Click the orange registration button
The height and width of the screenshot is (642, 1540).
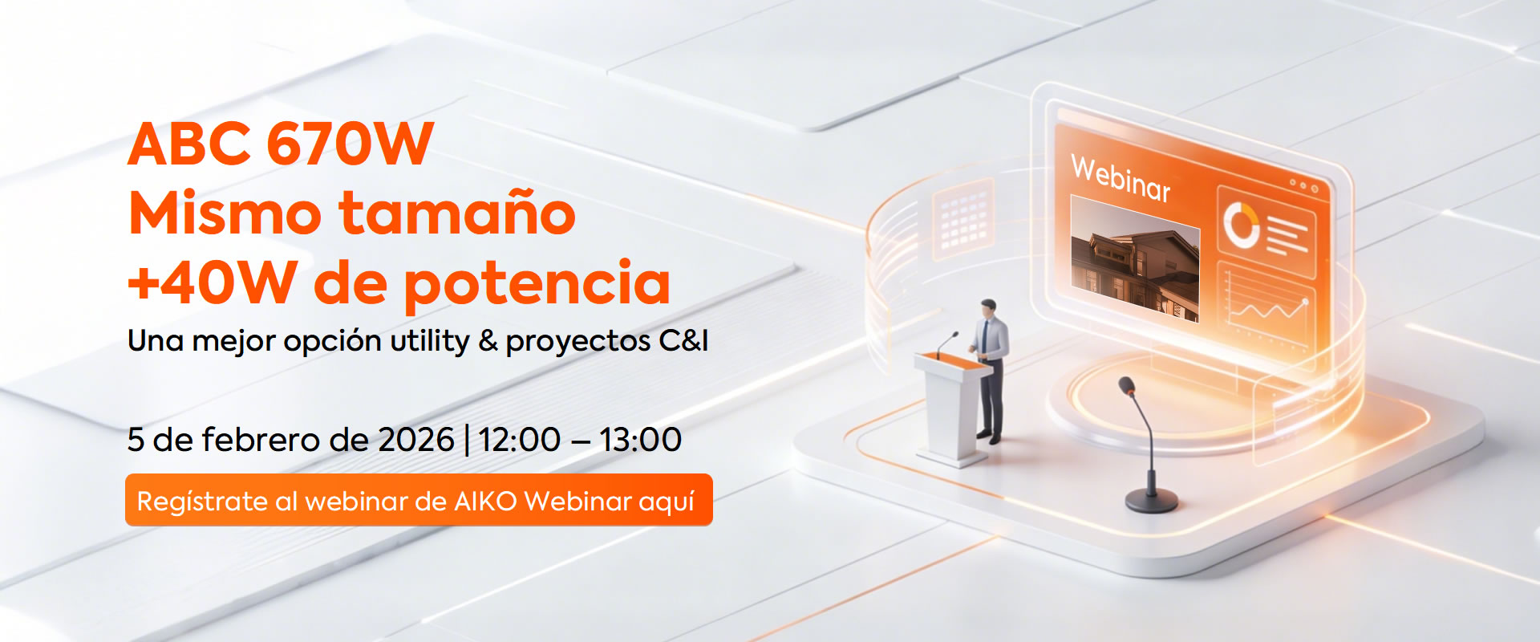[419, 500]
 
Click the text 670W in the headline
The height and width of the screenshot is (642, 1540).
[350, 144]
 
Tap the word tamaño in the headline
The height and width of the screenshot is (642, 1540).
[457, 213]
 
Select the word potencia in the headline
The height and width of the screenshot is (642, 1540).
[537, 285]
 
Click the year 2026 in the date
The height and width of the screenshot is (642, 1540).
[415, 440]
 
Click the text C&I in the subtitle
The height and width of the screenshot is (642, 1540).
[683, 341]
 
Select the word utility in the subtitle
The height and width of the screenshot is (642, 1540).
[429, 342]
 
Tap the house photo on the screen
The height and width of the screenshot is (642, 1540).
[1135, 258]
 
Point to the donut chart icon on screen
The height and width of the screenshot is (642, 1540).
[1240, 224]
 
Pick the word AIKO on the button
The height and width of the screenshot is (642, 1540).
[485, 501]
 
